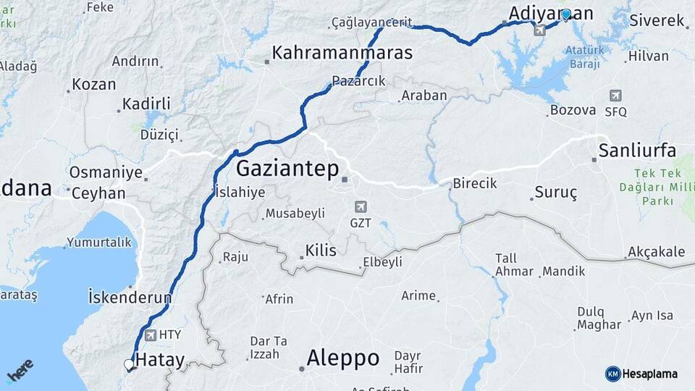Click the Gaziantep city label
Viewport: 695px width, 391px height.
tap(288, 169)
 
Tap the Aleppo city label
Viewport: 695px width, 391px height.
tap(342, 358)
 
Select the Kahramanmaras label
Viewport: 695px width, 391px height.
tap(342, 53)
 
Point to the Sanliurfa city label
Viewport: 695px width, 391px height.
tap(637, 151)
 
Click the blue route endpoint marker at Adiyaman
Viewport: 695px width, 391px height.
tap(566, 14)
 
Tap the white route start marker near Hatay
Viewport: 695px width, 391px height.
tap(129, 364)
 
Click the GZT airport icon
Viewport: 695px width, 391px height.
tap(360, 207)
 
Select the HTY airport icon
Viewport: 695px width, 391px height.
tap(151, 335)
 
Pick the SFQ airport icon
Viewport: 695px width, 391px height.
tap(615, 96)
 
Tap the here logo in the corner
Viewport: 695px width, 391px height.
tap(20, 371)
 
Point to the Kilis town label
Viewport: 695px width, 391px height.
tap(321, 251)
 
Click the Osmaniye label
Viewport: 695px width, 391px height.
tap(106, 173)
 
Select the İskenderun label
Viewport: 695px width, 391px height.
tap(130, 297)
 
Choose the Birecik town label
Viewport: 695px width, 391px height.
tap(475, 183)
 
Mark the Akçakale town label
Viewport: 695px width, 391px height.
tap(656, 251)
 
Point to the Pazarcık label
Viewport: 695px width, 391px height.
tap(358, 80)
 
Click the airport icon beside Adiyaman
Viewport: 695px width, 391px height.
tap(539, 30)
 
